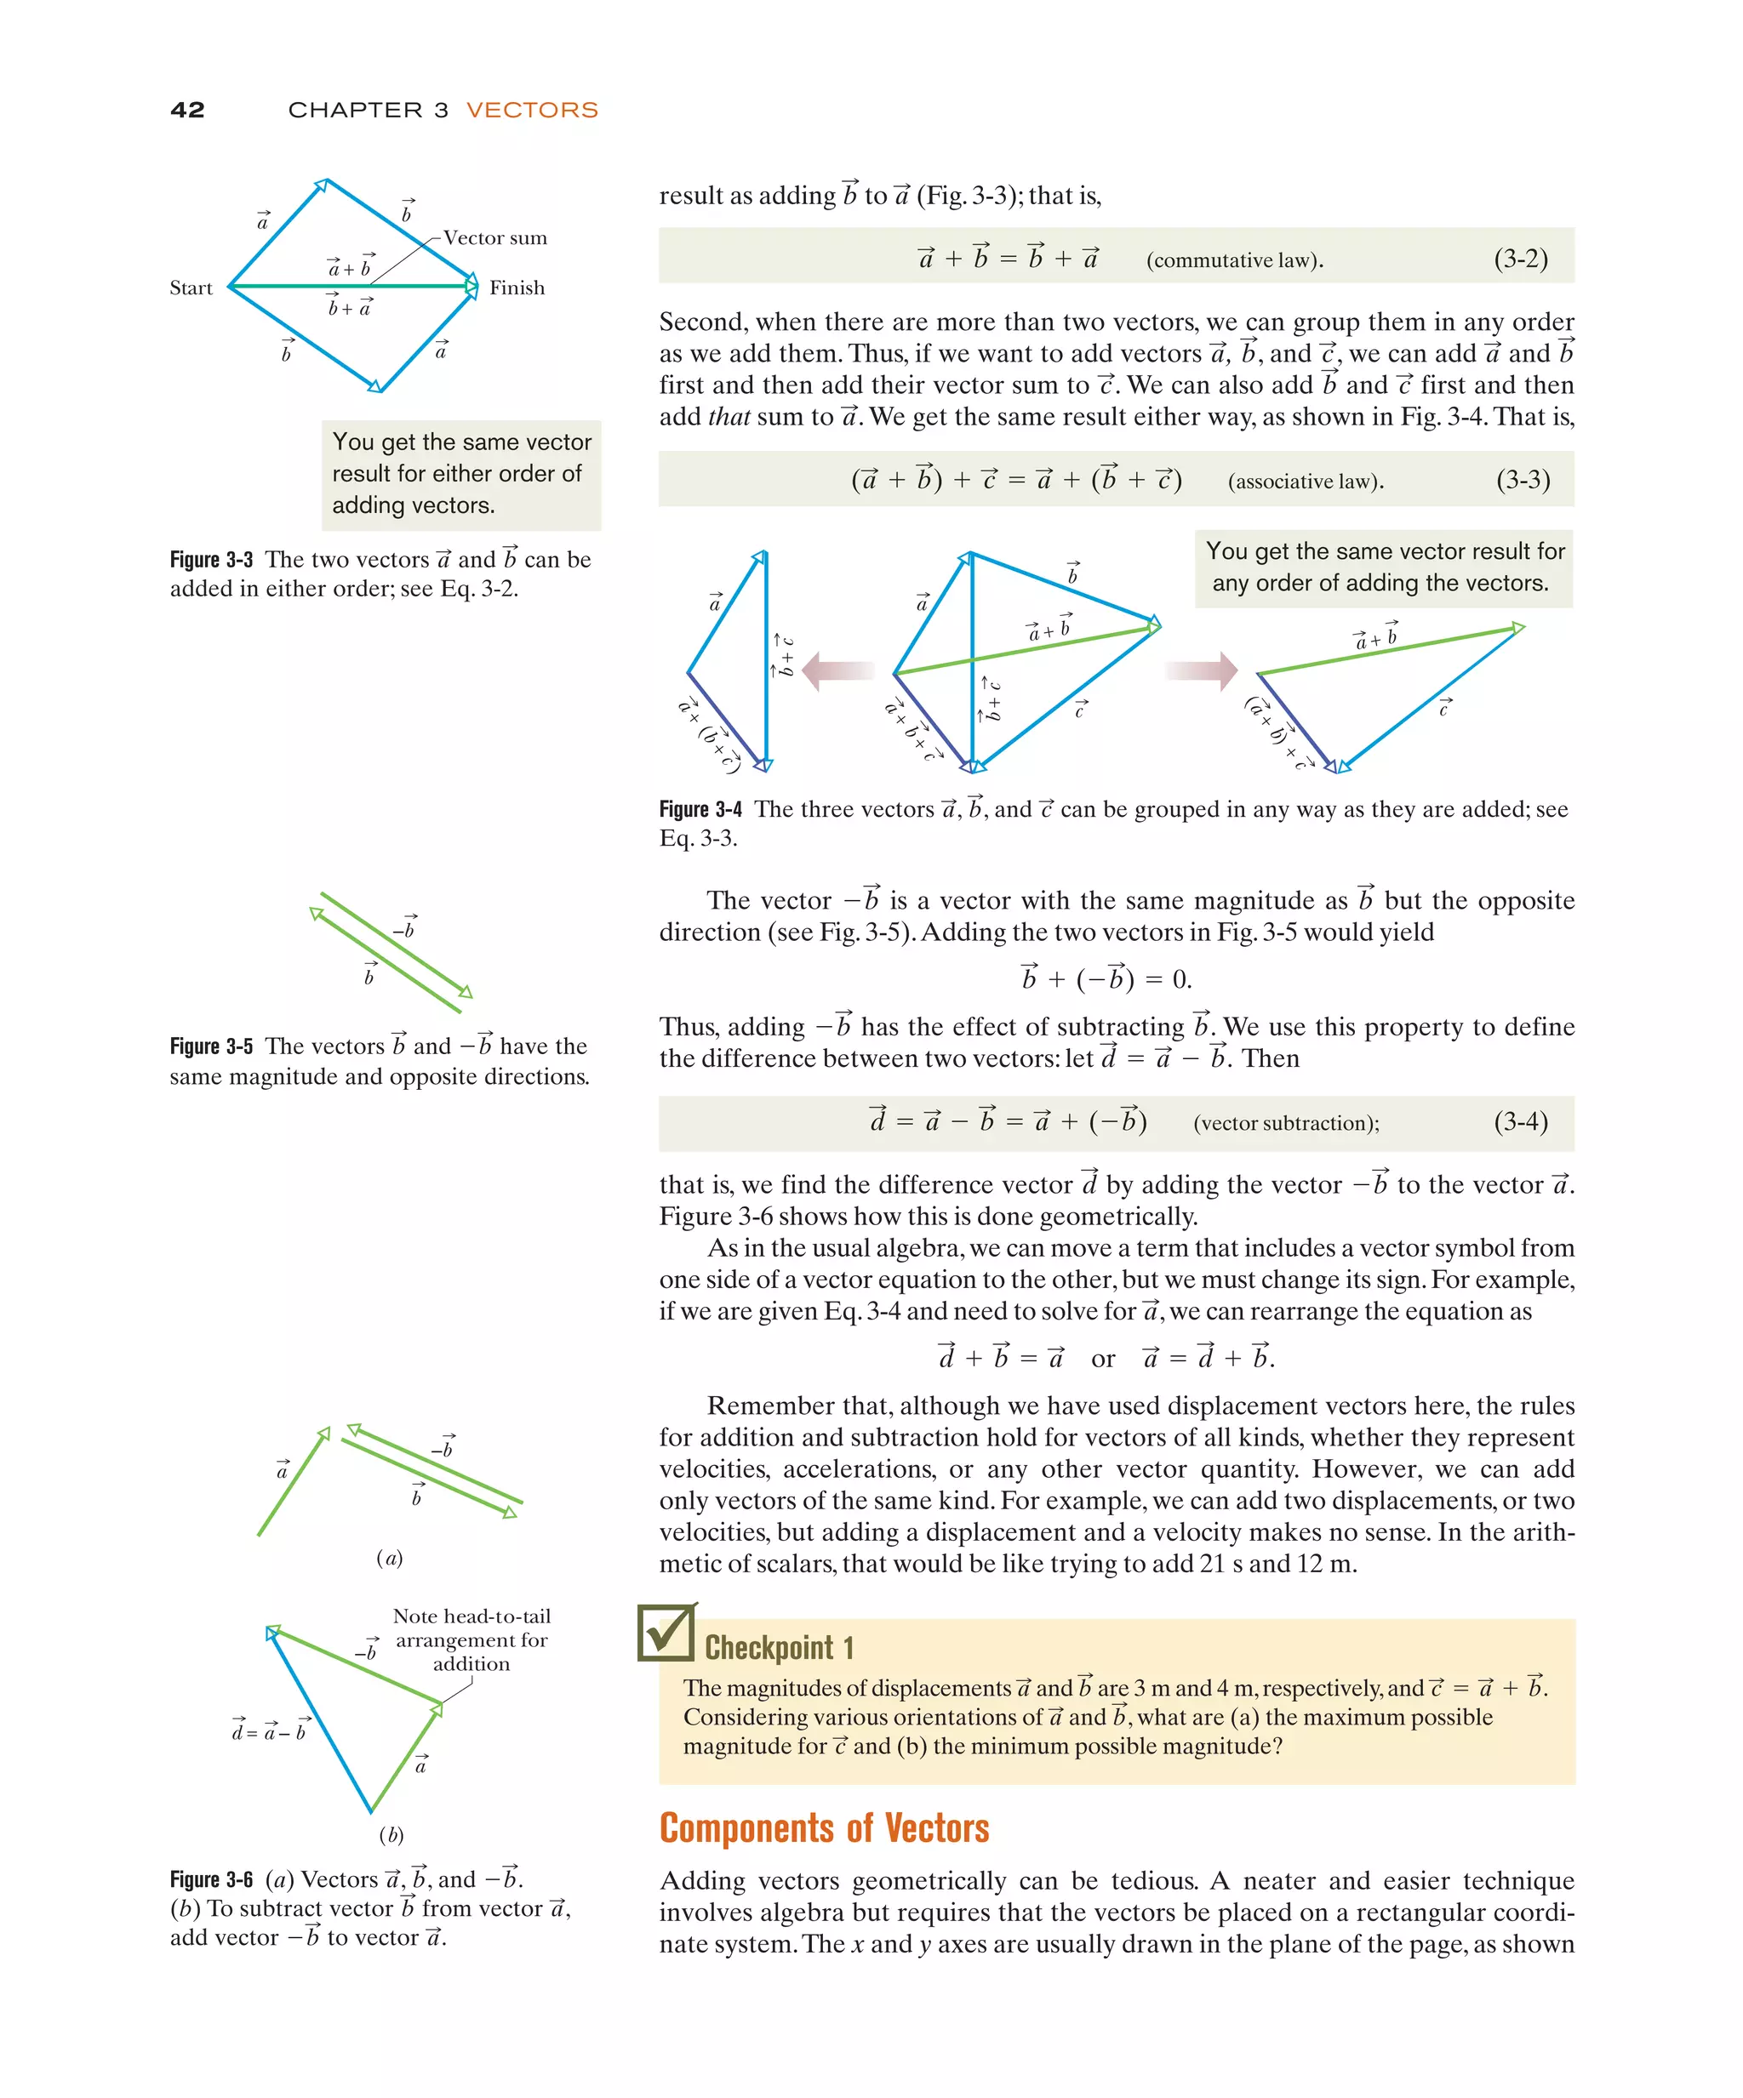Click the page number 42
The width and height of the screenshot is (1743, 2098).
pyautogui.click(x=187, y=110)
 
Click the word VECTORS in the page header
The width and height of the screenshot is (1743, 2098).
pyautogui.click(x=532, y=110)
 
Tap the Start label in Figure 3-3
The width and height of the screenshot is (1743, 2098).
pyautogui.click(x=191, y=288)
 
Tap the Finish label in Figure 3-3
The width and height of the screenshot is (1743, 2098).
pyautogui.click(x=517, y=288)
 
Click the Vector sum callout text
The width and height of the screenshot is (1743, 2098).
pyautogui.click(x=494, y=237)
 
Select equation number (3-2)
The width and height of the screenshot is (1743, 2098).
pyautogui.click(x=1520, y=259)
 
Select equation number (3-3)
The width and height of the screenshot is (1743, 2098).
pyautogui.click(x=1522, y=481)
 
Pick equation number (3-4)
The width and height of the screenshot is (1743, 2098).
pyautogui.click(x=1520, y=1122)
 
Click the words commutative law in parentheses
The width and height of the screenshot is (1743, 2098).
pyautogui.click(x=1234, y=260)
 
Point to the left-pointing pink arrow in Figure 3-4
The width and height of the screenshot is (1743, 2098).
pyautogui.click(x=837, y=671)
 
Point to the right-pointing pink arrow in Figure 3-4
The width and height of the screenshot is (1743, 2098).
pyautogui.click(x=1203, y=670)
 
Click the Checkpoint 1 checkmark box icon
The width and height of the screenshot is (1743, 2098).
pyautogui.click(x=666, y=1633)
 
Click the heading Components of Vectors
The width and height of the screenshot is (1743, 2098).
pyautogui.click(x=824, y=1827)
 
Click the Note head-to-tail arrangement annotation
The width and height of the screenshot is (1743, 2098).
pyautogui.click(x=471, y=1639)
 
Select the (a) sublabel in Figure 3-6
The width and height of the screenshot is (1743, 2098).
pyautogui.click(x=389, y=1558)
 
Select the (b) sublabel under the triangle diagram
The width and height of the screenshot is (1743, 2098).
pyautogui.click(x=391, y=1834)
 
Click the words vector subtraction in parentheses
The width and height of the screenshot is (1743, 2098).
pyautogui.click(x=1285, y=1123)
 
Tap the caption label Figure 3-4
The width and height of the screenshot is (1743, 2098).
pyautogui.click(x=700, y=809)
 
